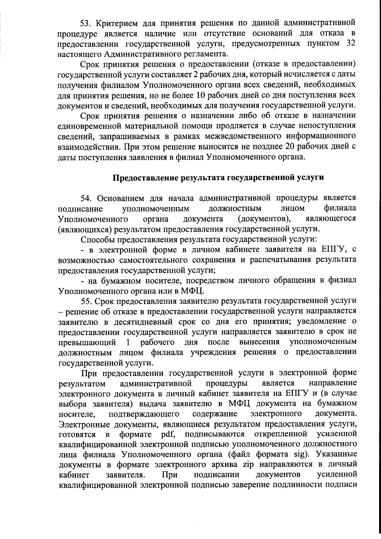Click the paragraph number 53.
click(x=85, y=23)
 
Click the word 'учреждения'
click(x=213, y=353)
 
